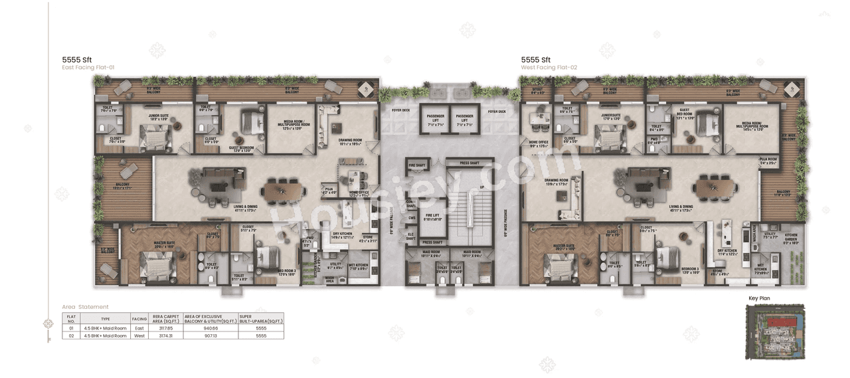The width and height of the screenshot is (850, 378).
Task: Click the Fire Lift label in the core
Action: click(x=432, y=217)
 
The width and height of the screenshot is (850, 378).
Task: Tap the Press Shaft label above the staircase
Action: click(x=469, y=162)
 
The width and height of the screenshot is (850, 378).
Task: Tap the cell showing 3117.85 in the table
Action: click(x=162, y=328)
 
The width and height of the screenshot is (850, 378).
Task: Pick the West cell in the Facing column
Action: click(x=139, y=335)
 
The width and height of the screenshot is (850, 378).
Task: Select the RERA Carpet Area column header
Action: click(x=162, y=318)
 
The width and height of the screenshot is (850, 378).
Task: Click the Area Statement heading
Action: click(x=85, y=307)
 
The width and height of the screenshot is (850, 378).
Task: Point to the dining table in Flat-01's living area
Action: click(x=284, y=191)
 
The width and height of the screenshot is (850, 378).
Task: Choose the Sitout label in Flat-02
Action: click(x=537, y=92)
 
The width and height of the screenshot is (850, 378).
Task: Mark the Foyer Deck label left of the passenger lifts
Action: click(x=401, y=111)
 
